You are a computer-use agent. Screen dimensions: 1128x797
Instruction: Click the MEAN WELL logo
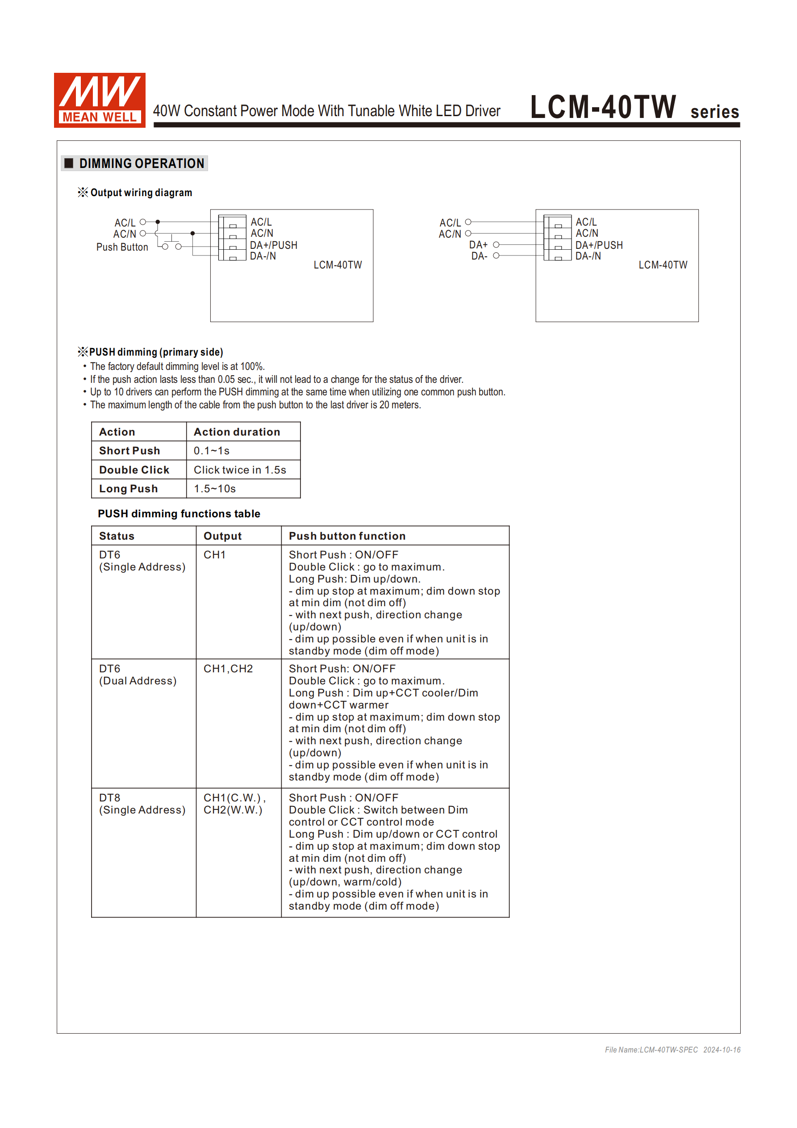[99, 100]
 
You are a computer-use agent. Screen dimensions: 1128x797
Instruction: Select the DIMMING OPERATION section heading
[142, 164]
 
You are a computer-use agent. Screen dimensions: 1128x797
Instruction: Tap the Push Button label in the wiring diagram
[122, 247]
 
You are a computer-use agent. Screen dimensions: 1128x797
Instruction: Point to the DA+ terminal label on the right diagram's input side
[478, 245]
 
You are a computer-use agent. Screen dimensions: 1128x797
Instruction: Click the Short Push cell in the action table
[129, 450]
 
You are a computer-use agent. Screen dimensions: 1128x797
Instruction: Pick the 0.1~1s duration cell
[212, 450]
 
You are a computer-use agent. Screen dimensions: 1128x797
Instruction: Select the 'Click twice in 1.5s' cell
[240, 470]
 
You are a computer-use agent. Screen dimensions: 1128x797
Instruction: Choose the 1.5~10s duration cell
[215, 488]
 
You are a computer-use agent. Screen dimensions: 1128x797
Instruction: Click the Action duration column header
[237, 432]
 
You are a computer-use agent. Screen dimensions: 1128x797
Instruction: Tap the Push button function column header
[346, 536]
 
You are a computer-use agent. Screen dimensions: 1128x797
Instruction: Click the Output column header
[222, 536]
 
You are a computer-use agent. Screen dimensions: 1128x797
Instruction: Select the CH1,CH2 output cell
[228, 669]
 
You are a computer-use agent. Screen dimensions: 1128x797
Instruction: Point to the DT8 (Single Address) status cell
[142, 804]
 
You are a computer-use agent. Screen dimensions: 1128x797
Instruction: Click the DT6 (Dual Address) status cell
[138, 675]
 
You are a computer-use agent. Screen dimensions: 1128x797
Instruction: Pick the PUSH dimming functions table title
[179, 513]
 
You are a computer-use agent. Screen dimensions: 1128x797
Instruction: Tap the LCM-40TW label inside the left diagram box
[338, 265]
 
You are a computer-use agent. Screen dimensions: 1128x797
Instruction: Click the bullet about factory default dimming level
[177, 366]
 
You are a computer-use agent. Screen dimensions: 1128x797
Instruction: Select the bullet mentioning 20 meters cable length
[255, 405]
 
